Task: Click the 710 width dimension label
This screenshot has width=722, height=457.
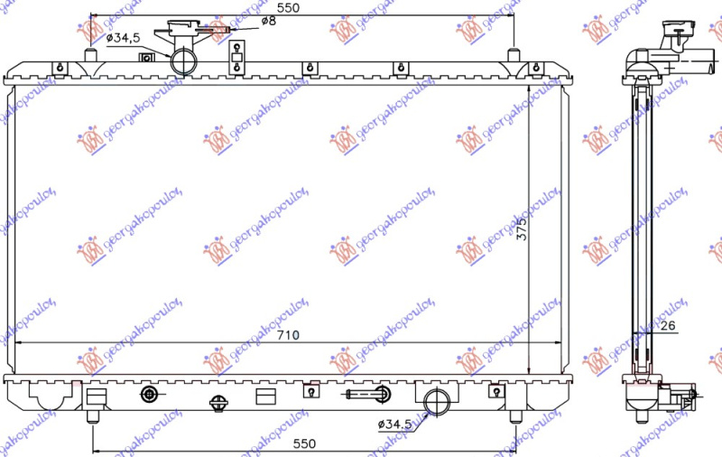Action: point(288,335)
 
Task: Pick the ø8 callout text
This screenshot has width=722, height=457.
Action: point(268,20)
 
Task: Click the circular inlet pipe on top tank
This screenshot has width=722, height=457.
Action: point(184,61)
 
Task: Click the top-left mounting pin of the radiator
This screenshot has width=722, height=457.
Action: point(90,55)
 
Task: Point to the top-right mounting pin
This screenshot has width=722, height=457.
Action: point(514,55)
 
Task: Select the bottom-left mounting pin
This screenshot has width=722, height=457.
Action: point(92,416)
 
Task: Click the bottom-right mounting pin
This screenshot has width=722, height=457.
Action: point(515,416)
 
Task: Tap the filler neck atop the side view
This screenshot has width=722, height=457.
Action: point(672,40)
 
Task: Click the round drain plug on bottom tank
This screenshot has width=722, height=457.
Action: point(150,394)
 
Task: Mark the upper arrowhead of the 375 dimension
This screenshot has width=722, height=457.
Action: point(527,89)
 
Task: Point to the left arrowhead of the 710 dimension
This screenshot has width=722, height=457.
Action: point(22,343)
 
